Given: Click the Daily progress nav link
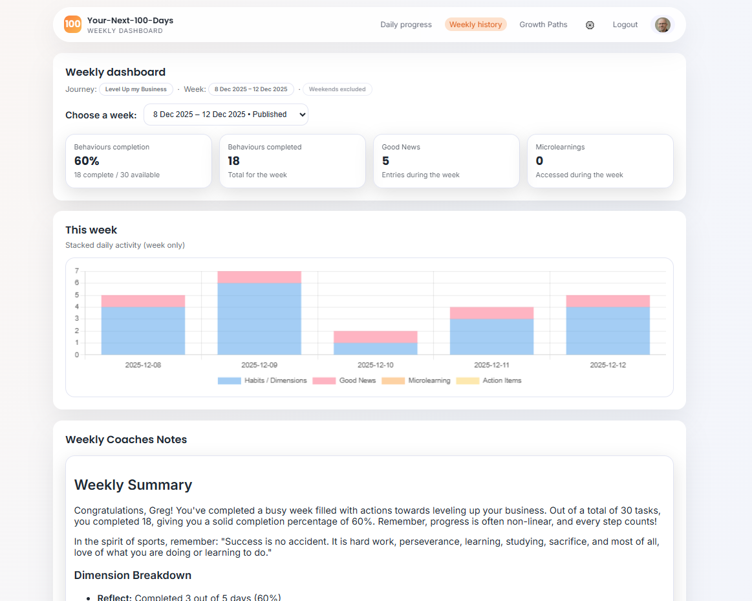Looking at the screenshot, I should point(405,25).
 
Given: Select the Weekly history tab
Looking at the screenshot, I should point(475,25).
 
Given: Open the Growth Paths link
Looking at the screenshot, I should point(543,25).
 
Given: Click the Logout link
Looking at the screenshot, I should point(625,25).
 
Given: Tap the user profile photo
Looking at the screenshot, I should point(662,25).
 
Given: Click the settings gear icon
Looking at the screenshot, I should point(590,25).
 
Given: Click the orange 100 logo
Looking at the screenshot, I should point(72,24).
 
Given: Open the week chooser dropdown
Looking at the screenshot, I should point(226,115).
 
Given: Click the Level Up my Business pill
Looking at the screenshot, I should point(136,89).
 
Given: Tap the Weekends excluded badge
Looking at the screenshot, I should point(337,89).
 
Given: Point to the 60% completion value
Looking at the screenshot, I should point(87,161).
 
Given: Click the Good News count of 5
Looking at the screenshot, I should point(385,161).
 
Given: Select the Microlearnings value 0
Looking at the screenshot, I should point(539,161).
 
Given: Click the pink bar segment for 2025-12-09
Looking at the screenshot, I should point(259,277).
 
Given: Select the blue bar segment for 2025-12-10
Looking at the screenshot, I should point(375,349).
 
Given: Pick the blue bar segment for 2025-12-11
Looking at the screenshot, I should point(491,336).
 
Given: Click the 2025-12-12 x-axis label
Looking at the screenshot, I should point(608,365).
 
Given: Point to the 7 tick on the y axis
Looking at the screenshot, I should point(77,271).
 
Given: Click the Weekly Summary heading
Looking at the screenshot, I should point(133,485).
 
